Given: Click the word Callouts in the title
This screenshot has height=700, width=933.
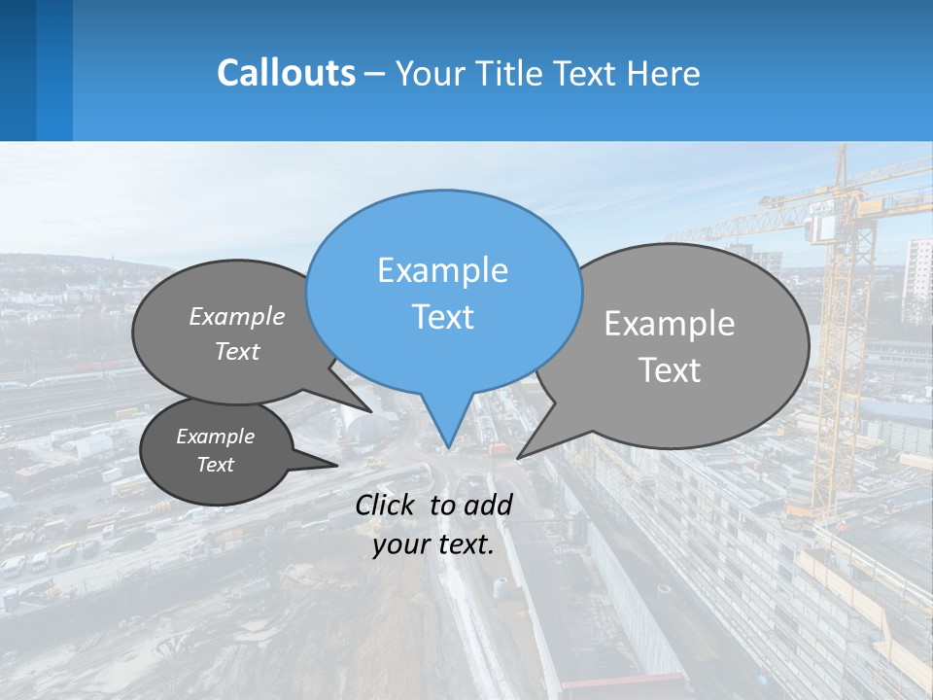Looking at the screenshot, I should [286, 73].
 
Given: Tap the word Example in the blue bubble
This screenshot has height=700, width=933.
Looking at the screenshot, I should [442, 270].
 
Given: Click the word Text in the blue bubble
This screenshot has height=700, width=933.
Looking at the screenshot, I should [442, 317].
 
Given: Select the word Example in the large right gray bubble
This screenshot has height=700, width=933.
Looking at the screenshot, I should [670, 324].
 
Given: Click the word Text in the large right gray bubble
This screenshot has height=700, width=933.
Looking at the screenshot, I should [670, 370].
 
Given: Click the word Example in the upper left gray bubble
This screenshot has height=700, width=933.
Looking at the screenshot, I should [237, 316].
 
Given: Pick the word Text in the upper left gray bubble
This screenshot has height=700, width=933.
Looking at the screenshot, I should [237, 351].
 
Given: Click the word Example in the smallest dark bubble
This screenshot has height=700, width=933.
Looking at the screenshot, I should [215, 437].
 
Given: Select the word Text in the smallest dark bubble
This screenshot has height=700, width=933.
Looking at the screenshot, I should [215, 465].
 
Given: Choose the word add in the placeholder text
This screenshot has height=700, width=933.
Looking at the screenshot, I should [488, 505].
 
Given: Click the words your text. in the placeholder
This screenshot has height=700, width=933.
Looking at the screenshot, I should [433, 544].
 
